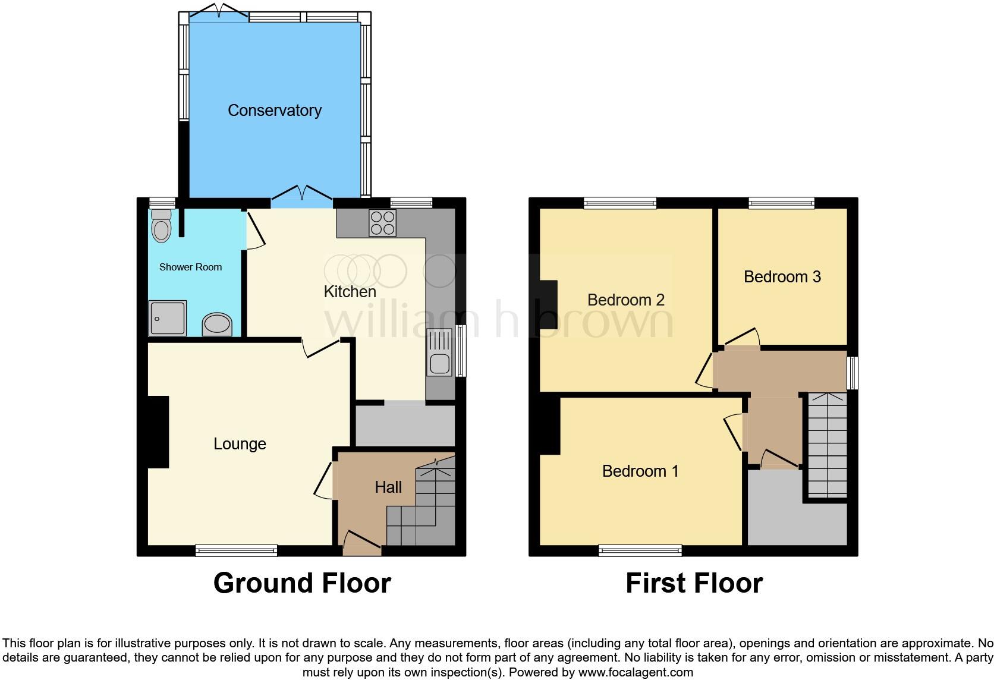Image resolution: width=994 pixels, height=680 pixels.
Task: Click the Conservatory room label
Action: (275, 111)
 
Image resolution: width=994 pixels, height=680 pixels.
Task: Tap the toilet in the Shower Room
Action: (161, 226)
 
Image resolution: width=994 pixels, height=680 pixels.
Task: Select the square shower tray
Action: (167, 318)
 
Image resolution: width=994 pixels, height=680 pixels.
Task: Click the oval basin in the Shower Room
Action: (217, 325)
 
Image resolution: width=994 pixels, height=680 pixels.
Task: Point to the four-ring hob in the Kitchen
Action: (382, 223)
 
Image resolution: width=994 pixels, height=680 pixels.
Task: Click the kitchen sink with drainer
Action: (439, 353)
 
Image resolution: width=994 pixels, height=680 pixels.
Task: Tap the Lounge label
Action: (240, 444)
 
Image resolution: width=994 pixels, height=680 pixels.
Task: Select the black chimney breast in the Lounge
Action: (158, 432)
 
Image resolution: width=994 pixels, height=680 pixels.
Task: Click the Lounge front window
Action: (237, 550)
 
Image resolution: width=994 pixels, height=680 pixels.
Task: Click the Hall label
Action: (388, 487)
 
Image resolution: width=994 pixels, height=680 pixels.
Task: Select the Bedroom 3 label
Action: (782, 277)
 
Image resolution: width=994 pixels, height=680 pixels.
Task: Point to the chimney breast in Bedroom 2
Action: (549, 304)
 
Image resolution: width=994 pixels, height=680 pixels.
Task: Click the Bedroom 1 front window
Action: (640, 550)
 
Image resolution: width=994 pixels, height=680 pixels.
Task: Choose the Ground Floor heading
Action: (302, 583)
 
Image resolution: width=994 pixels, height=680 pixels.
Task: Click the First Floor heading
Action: (694, 583)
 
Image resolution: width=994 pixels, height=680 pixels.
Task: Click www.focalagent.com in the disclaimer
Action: (636, 673)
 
